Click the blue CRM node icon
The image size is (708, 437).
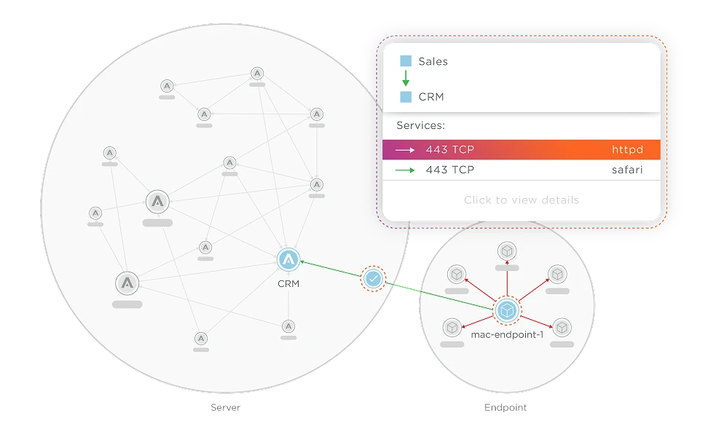coord(289,260)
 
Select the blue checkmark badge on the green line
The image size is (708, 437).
coord(372,278)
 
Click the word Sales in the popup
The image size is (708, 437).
coord(433,61)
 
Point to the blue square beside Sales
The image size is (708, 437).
coord(406,61)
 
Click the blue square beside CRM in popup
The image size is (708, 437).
coord(406,96)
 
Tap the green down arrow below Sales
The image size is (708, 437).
coord(406,79)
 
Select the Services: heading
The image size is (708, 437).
coord(420,125)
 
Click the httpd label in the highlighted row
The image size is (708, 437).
coord(627,150)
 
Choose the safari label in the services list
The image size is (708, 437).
coord(627,170)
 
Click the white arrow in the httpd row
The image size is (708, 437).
coord(405,150)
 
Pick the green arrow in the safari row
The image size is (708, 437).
coord(405,170)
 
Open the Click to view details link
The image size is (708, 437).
coord(522,200)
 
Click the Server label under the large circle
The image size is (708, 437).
coord(224,408)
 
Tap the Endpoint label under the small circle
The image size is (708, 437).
coord(506,408)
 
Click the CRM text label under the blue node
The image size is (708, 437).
coord(288,283)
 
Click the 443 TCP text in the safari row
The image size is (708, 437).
coord(449,170)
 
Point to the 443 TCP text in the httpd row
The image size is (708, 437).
coord(449,150)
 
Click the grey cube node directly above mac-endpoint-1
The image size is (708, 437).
coord(506,251)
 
